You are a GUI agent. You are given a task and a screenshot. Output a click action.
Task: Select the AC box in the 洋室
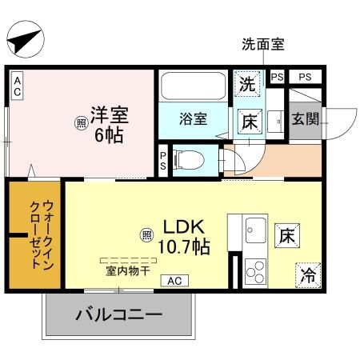point(17,86)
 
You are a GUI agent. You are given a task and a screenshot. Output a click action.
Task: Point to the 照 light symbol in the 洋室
point(81,123)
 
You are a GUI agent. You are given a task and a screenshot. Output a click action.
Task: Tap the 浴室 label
point(193,119)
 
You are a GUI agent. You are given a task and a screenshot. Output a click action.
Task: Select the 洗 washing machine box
point(246,83)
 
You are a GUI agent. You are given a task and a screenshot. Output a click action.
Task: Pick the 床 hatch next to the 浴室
point(249,122)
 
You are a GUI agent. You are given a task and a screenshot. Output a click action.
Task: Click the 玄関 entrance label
point(304,121)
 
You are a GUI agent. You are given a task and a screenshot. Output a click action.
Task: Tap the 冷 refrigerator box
point(307,275)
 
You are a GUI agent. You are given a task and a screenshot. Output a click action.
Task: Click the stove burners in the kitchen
point(257,272)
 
